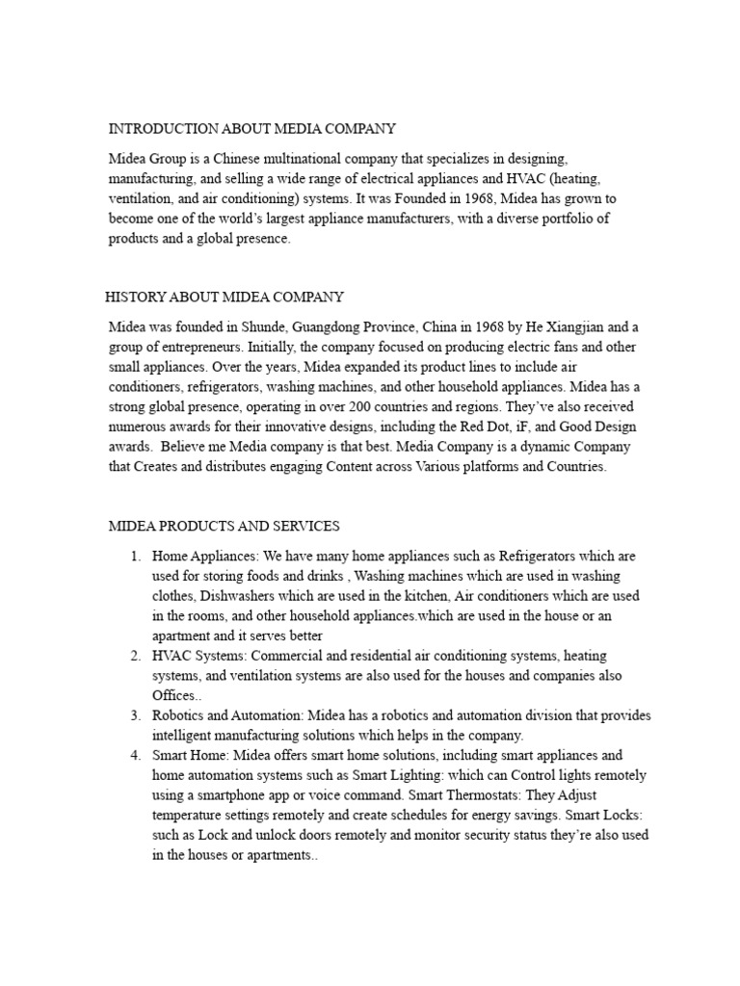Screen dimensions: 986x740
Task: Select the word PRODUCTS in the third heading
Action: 187,526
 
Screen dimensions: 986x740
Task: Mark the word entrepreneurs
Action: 208,347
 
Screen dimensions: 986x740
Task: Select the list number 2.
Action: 135,655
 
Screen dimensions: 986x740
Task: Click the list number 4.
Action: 135,755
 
